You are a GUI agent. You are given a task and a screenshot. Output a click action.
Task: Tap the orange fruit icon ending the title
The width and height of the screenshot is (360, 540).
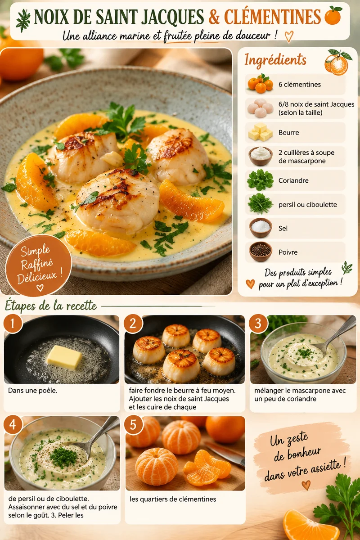point(333,15)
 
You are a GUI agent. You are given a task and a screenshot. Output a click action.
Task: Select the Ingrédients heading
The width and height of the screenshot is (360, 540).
point(275,59)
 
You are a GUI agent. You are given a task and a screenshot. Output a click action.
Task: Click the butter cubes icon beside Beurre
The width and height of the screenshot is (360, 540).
point(261,132)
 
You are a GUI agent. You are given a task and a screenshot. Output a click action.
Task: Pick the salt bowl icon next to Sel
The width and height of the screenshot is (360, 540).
point(261,228)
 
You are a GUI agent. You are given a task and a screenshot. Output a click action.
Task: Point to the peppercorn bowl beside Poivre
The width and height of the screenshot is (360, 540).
point(261,252)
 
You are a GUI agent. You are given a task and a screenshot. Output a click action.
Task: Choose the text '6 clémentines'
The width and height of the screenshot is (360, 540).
point(300,85)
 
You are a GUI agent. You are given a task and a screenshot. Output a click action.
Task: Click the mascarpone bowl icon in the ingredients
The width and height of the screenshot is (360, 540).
point(261,156)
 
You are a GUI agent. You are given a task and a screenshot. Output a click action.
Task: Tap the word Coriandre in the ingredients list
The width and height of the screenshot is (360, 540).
point(293,180)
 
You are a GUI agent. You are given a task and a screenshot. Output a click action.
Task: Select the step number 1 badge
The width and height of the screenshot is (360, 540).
point(13,323)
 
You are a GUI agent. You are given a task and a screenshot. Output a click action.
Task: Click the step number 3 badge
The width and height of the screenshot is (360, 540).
point(258,323)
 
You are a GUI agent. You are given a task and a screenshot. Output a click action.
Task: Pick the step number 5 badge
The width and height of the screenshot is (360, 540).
point(133,425)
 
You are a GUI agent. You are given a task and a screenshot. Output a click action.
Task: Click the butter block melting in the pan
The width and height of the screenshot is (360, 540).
point(64,357)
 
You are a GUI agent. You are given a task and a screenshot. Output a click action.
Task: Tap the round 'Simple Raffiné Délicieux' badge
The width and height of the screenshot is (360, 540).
point(39,265)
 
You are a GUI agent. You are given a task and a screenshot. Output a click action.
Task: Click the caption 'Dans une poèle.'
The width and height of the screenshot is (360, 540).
point(33,391)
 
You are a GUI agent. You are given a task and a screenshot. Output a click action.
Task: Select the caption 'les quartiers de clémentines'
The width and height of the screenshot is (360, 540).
point(173,499)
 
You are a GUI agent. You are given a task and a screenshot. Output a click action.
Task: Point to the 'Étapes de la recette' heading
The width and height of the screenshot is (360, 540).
point(51,306)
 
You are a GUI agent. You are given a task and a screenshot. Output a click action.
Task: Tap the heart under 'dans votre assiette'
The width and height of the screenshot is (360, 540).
point(306,485)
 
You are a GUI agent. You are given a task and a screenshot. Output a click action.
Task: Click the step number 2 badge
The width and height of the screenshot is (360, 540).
point(133,323)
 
